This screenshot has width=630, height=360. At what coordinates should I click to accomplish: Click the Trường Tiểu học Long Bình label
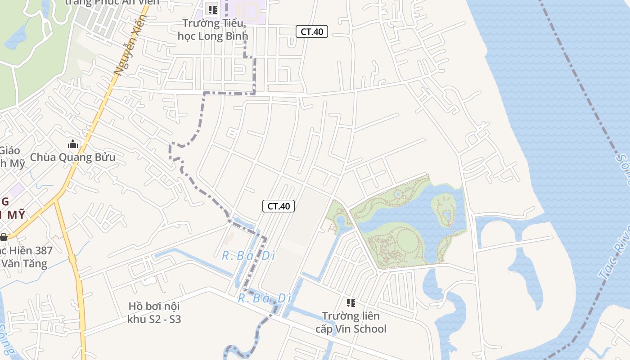[213, 29]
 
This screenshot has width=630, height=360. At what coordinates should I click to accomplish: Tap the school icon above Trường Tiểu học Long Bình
[212, 9]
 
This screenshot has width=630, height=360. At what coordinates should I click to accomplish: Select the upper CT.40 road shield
[311, 31]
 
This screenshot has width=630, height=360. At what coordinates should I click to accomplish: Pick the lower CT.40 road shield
[279, 206]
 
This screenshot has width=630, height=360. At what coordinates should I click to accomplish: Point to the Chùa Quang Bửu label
[72, 157]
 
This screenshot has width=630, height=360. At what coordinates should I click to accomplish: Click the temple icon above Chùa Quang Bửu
[73, 144]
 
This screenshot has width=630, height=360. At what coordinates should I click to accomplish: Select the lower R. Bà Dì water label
[265, 298]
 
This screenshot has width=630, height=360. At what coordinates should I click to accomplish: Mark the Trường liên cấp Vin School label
[351, 322]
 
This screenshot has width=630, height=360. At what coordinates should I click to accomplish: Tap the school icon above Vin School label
[351, 303]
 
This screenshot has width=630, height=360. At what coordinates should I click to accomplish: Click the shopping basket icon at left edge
[4, 237]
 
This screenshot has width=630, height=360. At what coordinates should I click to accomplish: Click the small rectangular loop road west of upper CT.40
[232, 132]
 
